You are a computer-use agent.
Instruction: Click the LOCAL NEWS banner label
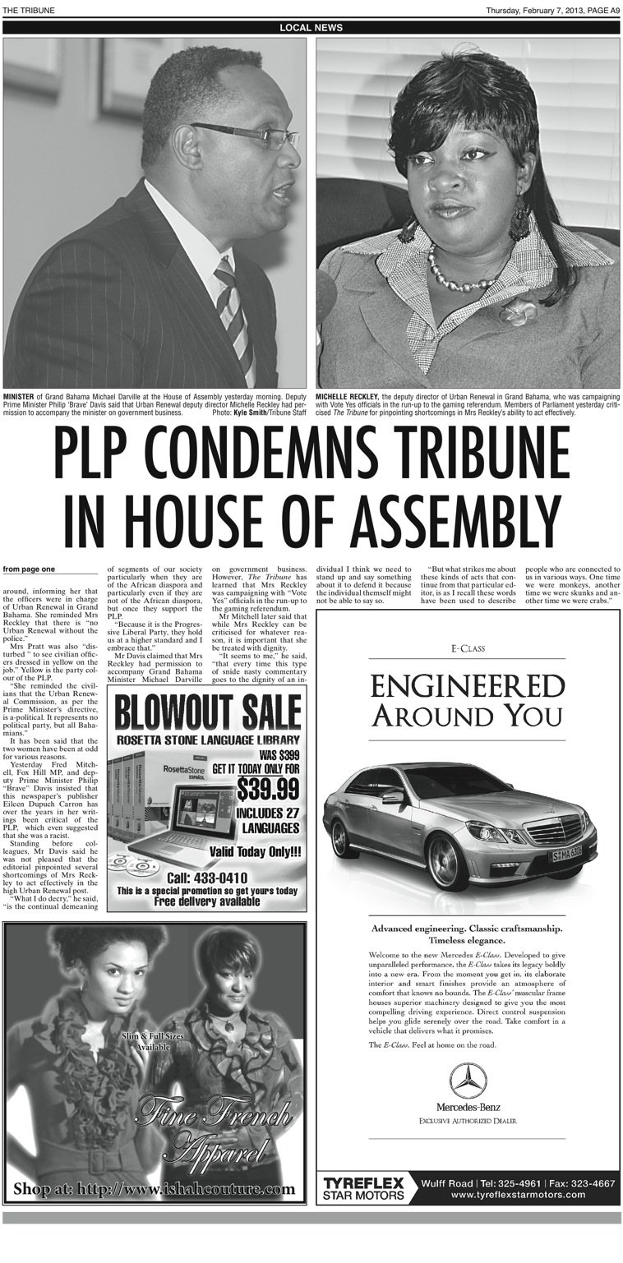tap(311, 28)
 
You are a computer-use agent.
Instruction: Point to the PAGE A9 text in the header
tap(597, 10)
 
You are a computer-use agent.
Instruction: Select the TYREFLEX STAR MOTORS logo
tap(363, 1188)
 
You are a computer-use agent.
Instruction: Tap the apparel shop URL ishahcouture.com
tap(155, 1188)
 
